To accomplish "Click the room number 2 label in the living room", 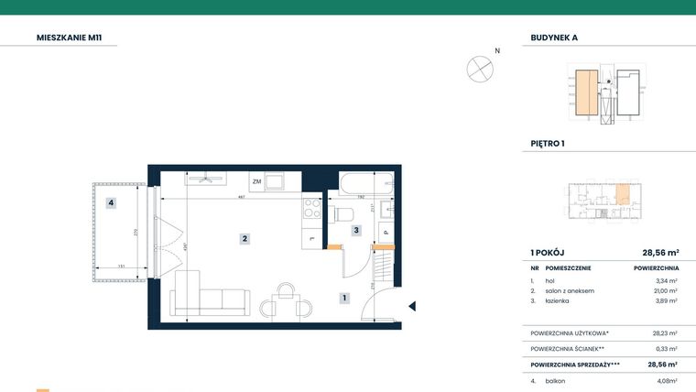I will pos(245,239).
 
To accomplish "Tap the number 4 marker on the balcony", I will pos(111,203).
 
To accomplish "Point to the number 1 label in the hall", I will pos(343,298).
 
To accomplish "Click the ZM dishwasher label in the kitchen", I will pos(257,181).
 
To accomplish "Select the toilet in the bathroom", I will pos(344,215).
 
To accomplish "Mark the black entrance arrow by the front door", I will pos(412,307).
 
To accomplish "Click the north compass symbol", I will pos(480,68).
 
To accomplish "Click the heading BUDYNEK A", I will pos(554,38).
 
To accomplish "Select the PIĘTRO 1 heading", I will pos(548,144).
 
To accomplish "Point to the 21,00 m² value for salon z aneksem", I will pos(665,290).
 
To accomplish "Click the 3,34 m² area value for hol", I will pos(666,281).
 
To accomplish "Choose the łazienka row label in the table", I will pos(559,300).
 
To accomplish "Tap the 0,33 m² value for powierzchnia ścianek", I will pos(666,348).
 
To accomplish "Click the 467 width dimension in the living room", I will pos(241,197).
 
